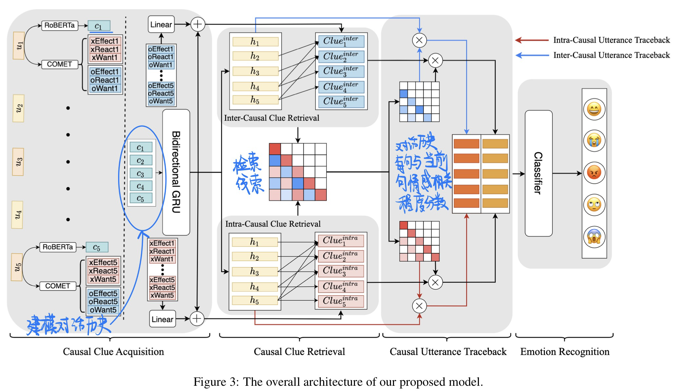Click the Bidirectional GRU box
(176, 172)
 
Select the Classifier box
(538, 173)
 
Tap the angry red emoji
(594, 173)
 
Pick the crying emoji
(594, 141)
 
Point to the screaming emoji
(594, 237)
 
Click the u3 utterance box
(18, 161)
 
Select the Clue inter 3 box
(341, 72)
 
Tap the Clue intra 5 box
(341, 301)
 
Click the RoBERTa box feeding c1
(60, 25)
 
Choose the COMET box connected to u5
(58, 286)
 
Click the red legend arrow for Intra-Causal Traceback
(532, 40)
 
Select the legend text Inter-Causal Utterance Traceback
(611, 55)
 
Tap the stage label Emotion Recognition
(565, 352)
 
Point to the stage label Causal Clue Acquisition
(113, 352)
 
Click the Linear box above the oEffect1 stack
(161, 25)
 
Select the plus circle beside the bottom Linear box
(197, 319)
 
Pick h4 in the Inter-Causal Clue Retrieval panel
(255, 87)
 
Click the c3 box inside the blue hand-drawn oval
(141, 174)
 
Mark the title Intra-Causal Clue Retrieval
(273, 224)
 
